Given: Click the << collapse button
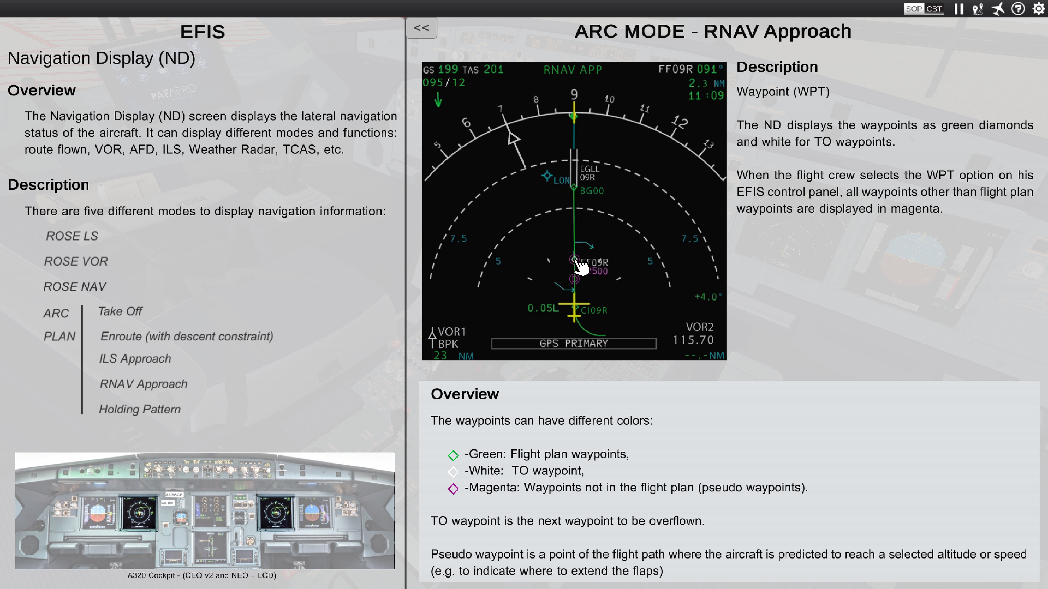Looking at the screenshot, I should click(x=421, y=28).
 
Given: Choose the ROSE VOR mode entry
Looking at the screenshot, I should click(x=76, y=261).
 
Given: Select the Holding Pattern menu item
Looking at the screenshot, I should click(x=140, y=409).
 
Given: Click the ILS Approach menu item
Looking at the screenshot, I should click(x=135, y=359).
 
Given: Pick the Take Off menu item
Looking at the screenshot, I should click(x=120, y=311).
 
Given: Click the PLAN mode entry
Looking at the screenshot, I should click(x=59, y=337).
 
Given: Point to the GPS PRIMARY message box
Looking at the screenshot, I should click(x=574, y=343).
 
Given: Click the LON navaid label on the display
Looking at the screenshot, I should click(x=561, y=180).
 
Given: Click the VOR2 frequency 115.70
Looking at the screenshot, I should click(x=693, y=340).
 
